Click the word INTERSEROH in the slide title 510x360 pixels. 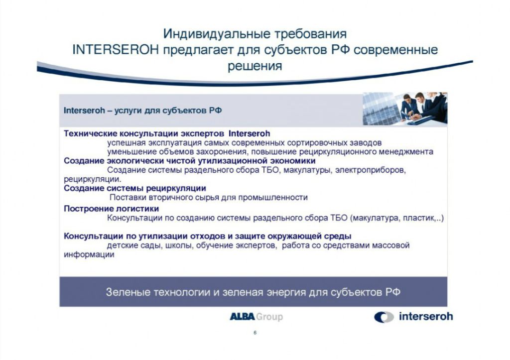(x=116, y=50)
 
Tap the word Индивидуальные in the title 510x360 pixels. (x=216, y=34)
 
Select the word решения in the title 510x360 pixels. (x=255, y=66)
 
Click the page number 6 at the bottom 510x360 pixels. (x=255, y=333)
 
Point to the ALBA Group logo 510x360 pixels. (x=256, y=316)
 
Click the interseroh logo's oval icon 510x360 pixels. (x=384, y=317)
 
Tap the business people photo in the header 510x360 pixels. (x=405, y=109)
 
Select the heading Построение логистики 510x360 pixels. (x=111, y=209)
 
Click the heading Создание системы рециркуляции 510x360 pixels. (x=135, y=188)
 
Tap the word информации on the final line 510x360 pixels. (x=89, y=254)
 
